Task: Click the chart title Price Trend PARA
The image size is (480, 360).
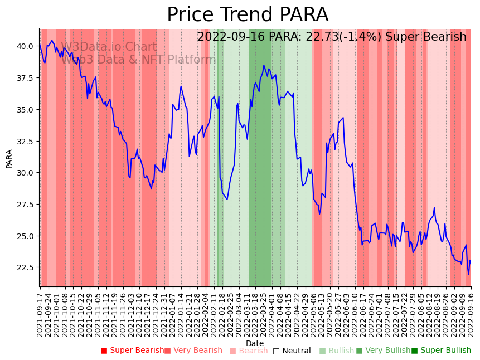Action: click(248, 14)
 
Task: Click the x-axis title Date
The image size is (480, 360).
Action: click(255, 343)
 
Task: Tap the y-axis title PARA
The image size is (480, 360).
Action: click(9, 158)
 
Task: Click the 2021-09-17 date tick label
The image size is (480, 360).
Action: click(40, 315)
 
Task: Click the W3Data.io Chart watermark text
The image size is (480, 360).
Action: click(109, 47)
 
